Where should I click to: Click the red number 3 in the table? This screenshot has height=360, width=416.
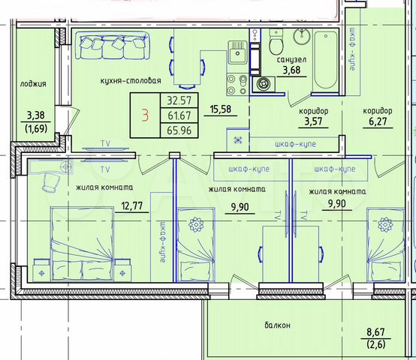pyautogui.click(x=145, y=115)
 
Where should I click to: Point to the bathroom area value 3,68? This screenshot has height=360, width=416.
pyautogui.click(x=291, y=71)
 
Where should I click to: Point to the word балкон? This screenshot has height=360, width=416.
pyautogui.click(x=277, y=325)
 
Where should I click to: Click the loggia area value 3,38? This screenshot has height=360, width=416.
pyautogui.click(x=35, y=115)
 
